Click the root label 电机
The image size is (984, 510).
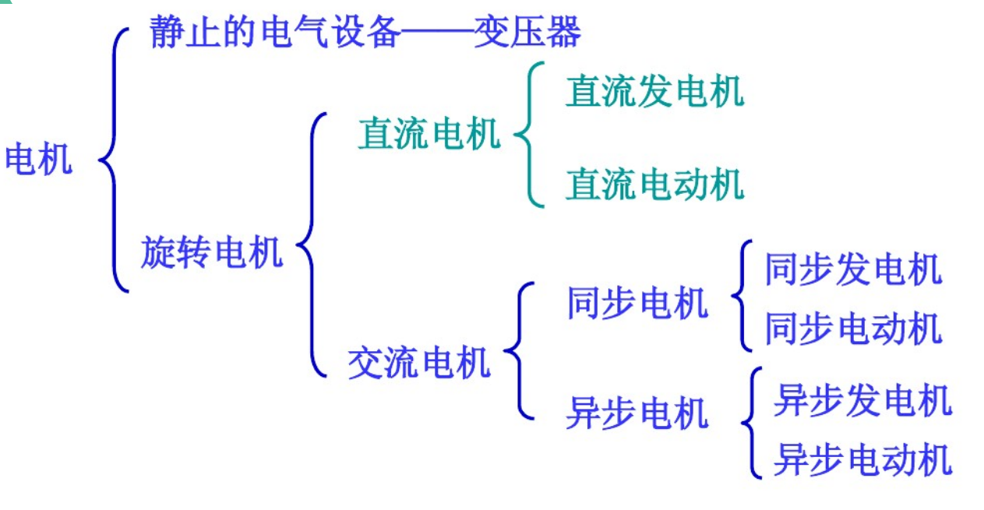pyautogui.click(x=38, y=160)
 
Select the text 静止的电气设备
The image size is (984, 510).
pyautogui.click(x=274, y=33)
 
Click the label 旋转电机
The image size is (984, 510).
pyautogui.click(x=211, y=252)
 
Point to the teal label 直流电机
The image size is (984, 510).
pyautogui.click(x=429, y=134)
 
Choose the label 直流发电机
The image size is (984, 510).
pyautogui.click(x=654, y=91)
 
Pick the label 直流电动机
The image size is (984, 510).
pyautogui.click(x=654, y=185)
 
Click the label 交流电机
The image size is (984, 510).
pyautogui.click(x=418, y=362)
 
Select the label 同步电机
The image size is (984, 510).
pyautogui.click(x=637, y=303)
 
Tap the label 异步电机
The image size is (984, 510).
pyautogui.click(x=637, y=413)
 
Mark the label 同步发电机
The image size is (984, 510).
pyautogui.click(x=853, y=270)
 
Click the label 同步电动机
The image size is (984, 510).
pyautogui.click(x=853, y=329)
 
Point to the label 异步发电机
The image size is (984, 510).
pyautogui.click(x=862, y=401)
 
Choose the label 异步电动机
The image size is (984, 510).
pyautogui.click(x=862, y=459)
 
